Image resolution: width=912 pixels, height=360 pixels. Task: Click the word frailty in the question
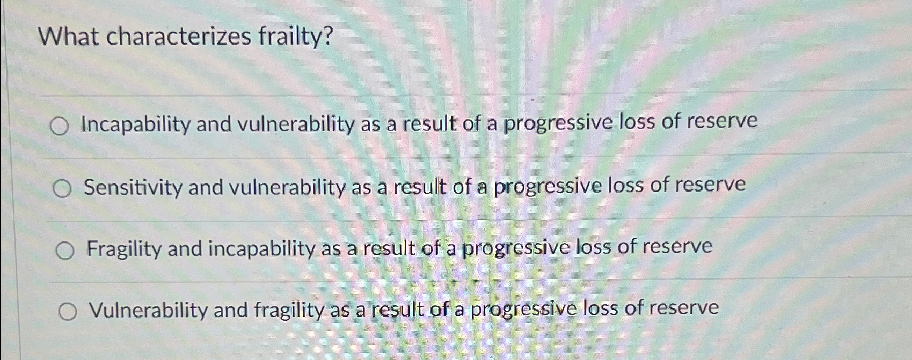tap(295, 36)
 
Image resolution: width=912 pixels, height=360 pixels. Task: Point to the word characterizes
tap(179, 36)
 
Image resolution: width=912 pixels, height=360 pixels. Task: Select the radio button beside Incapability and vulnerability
tap(59, 127)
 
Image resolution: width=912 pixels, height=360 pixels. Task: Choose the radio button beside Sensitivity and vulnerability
tap(62, 189)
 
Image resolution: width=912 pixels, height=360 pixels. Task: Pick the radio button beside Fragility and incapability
tap(64, 251)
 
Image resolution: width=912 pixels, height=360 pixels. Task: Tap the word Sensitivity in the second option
tap(133, 188)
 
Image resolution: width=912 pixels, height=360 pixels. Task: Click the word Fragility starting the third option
tap(123, 249)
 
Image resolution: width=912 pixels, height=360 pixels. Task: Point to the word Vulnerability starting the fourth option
tap(148, 310)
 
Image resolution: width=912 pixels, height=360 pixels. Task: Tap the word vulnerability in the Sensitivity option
tap(287, 187)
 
